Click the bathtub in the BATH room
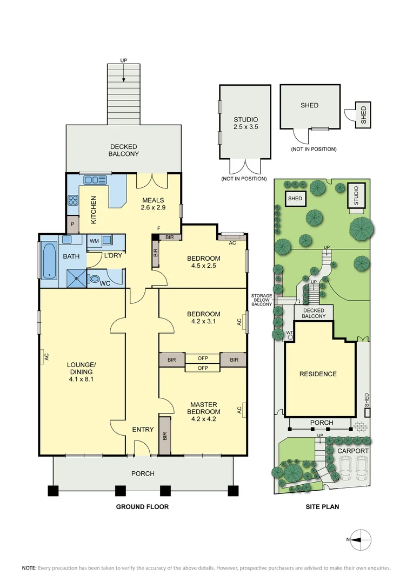coord(49,261)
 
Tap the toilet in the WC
coord(95,280)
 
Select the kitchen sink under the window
coord(95,180)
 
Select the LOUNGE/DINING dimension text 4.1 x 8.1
coord(81,379)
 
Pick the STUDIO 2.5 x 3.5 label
coord(245,124)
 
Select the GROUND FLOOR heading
coord(143,507)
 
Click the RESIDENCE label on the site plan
coord(318,374)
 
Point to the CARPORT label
coord(353,451)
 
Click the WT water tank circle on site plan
coord(290,336)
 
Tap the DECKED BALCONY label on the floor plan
coord(124,150)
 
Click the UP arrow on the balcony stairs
coord(124,79)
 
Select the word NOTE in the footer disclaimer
coord(29,568)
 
